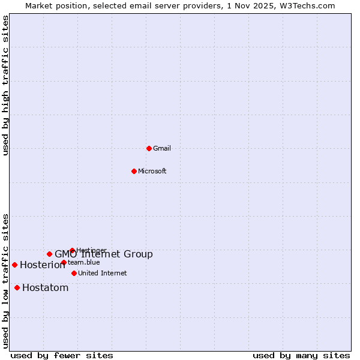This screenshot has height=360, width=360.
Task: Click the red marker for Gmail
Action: [149, 148]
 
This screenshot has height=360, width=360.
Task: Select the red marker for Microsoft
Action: [134, 171]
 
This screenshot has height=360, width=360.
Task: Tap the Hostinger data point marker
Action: [72, 250]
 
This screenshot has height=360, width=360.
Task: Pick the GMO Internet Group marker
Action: [49, 254]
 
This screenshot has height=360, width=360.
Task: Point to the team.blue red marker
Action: [64, 262]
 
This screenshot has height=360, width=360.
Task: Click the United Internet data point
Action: [74, 273]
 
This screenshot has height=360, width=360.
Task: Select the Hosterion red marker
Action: [14, 265]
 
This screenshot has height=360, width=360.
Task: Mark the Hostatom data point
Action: [17, 287]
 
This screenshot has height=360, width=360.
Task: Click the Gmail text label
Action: [162, 148]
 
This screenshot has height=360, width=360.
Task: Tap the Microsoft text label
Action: [152, 171]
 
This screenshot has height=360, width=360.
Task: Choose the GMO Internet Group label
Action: [104, 254]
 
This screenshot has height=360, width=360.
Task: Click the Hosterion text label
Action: [43, 265]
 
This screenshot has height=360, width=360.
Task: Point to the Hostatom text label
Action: [46, 287]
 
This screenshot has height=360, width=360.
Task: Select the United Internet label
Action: [103, 273]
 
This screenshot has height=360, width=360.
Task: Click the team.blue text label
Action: [84, 262]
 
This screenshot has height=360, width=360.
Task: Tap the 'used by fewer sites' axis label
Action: [62, 355]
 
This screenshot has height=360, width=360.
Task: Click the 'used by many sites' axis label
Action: [301, 355]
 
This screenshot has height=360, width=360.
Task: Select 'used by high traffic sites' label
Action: [5, 85]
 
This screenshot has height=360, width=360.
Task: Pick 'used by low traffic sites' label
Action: [5, 281]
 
